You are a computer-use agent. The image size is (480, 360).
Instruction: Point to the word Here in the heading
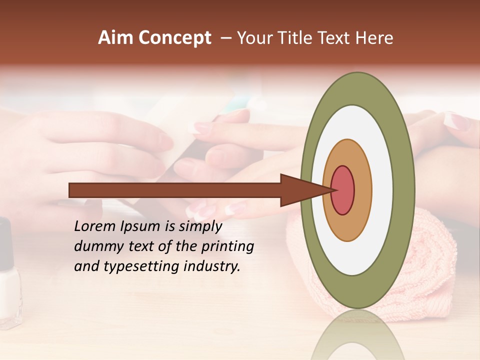pyautogui.click(x=375, y=38)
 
